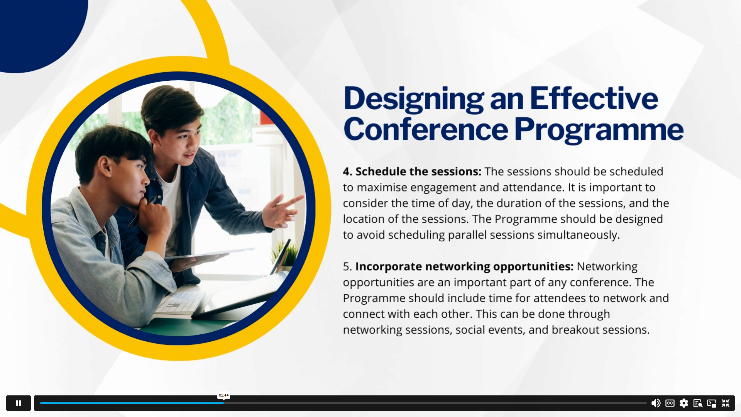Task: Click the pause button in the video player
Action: click(19, 403)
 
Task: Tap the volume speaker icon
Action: click(656, 403)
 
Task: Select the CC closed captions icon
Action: click(670, 403)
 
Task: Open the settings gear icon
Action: click(684, 403)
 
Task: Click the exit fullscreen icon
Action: click(726, 403)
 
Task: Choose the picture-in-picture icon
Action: click(712, 403)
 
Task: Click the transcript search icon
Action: click(698, 403)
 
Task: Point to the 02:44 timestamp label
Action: click(224, 395)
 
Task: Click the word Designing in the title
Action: click(414, 99)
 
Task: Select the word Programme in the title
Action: click(599, 130)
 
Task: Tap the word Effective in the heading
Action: click(594, 98)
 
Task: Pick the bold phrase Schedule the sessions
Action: click(418, 171)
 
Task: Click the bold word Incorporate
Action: click(389, 267)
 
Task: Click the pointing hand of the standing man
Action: click(283, 210)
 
